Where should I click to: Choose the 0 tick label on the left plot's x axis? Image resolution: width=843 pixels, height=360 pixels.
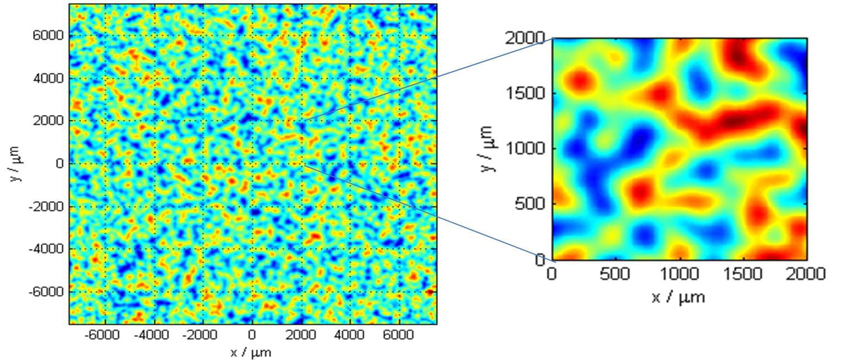pos(252,335)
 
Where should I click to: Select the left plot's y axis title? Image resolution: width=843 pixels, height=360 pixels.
pos(18,164)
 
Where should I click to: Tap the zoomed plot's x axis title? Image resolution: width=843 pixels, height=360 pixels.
pos(678,298)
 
